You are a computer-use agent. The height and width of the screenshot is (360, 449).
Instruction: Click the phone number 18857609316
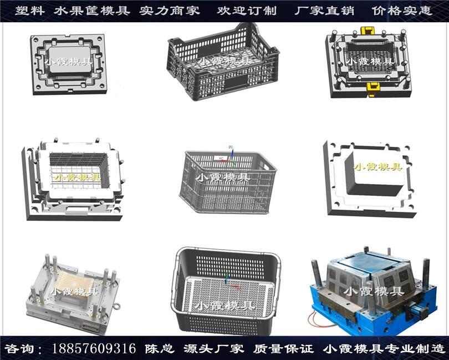(94, 348)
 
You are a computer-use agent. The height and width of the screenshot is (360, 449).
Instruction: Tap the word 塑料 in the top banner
(30, 11)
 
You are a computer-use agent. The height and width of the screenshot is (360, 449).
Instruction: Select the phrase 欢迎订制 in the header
(247, 11)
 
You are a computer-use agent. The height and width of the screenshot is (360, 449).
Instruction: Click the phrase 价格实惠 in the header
(402, 11)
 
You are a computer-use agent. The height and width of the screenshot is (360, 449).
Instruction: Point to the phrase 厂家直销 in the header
(324, 11)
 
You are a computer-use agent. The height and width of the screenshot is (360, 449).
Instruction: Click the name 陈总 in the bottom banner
(160, 348)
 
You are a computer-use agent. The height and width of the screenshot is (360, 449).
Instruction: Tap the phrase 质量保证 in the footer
(283, 348)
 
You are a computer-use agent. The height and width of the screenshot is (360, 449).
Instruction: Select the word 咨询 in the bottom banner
(19, 348)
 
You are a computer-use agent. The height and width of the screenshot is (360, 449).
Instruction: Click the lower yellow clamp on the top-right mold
(373, 89)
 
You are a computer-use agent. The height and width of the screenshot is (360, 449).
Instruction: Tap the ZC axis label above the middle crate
(231, 147)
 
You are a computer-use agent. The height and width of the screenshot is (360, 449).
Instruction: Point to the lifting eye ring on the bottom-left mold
(116, 307)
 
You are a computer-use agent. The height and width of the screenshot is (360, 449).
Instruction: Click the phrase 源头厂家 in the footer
(213, 348)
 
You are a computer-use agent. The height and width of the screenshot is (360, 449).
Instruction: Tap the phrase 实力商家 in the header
(169, 11)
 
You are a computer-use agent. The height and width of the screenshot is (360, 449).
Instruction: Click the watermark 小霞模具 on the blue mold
(374, 292)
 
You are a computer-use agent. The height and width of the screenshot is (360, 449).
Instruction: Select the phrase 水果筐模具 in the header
(92, 11)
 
